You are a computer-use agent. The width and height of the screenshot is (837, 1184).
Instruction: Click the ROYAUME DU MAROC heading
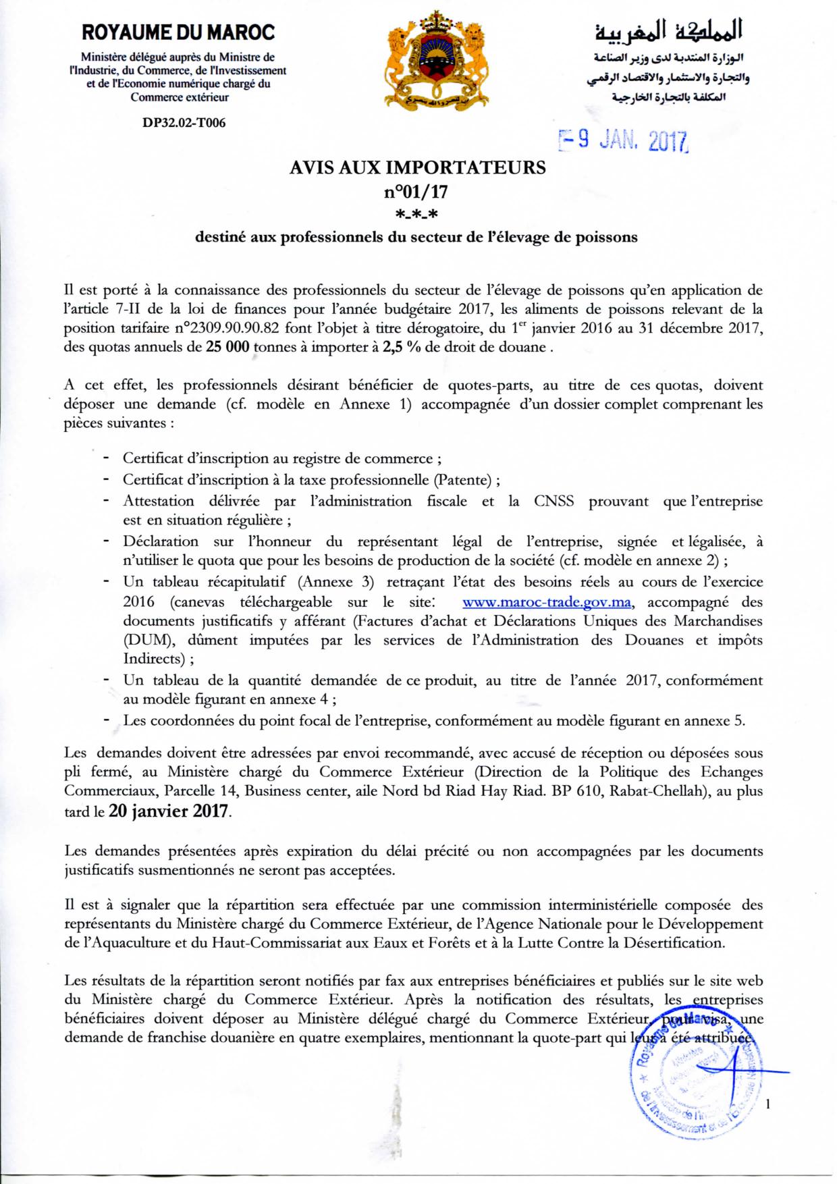pos(178,32)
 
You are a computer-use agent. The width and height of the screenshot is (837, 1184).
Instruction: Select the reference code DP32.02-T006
pos(179,123)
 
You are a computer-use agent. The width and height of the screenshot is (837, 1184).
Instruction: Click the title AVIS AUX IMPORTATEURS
pos(416,167)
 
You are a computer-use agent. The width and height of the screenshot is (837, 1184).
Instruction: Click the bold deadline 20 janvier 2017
pos(169,811)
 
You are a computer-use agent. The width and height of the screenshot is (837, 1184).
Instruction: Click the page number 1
pos(769,1105)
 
